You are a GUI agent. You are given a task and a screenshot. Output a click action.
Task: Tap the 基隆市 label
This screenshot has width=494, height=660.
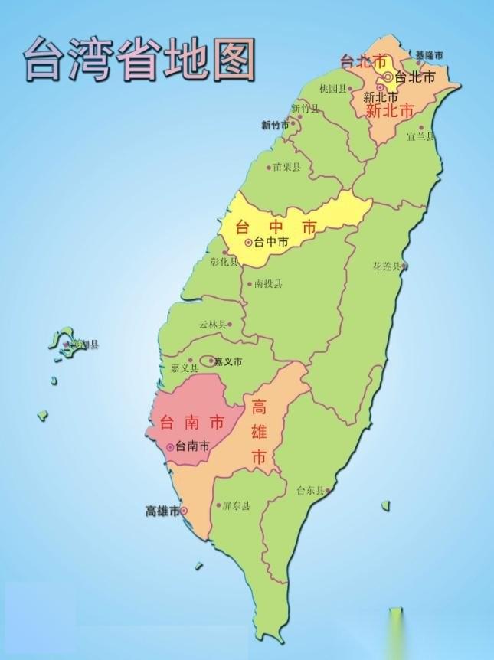click(x=430, y=54)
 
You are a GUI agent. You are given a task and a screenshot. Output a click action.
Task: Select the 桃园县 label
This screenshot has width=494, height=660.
click(x=333, y=88)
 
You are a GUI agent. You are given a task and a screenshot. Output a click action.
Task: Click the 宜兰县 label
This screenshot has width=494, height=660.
click(x=420, y=136)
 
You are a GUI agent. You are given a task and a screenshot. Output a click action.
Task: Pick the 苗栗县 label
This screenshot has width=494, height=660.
click(x=287, y=167)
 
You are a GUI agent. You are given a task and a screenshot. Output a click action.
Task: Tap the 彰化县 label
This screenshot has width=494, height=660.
click(x=224, y=262)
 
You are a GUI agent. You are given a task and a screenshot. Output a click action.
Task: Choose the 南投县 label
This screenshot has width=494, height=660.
click(x=268, y=283)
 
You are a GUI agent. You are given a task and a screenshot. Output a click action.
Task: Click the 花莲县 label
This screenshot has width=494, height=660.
click(x=387, y=266)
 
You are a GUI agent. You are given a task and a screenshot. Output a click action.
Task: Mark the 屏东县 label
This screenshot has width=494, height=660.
click(x=236, y=505)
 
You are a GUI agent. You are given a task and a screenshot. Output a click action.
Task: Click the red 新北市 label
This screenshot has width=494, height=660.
click(x=390, y=111)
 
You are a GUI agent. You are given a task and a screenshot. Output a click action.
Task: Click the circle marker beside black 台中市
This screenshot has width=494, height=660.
click(x=249, y=243)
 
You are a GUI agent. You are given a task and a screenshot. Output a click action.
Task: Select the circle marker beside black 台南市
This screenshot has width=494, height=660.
click(x=169, y=446)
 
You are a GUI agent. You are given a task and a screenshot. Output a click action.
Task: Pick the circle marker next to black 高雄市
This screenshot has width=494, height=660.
click(x=184, y=511)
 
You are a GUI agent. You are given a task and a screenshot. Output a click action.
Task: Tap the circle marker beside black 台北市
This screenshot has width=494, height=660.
click(x=389, y=77)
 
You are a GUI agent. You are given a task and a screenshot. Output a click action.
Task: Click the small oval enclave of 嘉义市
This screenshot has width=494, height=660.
click(x=207, y=361)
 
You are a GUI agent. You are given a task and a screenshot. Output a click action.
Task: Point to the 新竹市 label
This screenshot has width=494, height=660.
click(x=275, y=124)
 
